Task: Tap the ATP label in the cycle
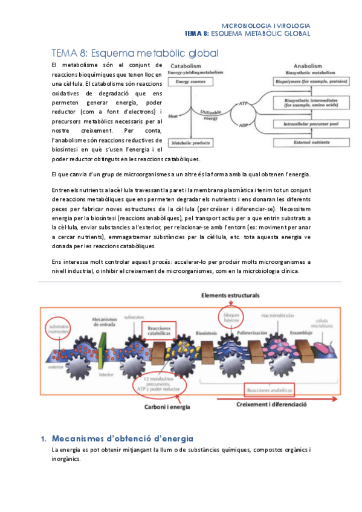pos(244,103)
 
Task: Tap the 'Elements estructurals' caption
pos(230,296)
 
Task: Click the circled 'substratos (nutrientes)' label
pos(59,329)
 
